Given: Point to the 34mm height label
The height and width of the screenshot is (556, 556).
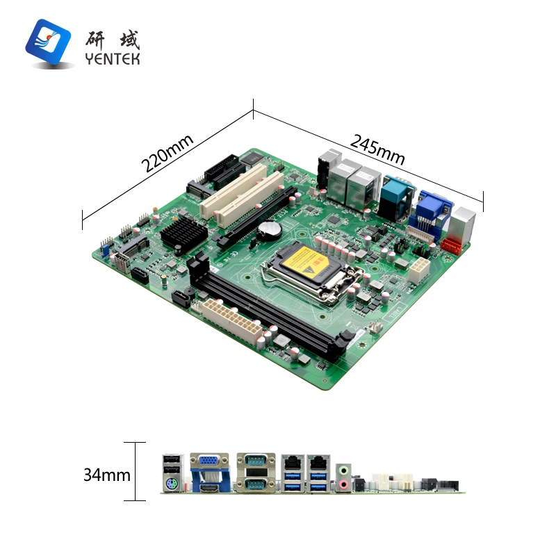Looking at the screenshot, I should click(107, 475).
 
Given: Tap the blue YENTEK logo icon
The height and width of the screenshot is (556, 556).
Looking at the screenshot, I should click(49, 42).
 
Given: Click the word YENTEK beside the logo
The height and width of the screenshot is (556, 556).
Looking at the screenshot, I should click(112, 59).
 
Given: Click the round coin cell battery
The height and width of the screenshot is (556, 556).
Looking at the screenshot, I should click(267, 229).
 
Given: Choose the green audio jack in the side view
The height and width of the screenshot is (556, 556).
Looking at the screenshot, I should click(343, 470).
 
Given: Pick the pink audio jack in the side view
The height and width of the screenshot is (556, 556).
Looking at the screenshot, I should click(343, 484).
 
